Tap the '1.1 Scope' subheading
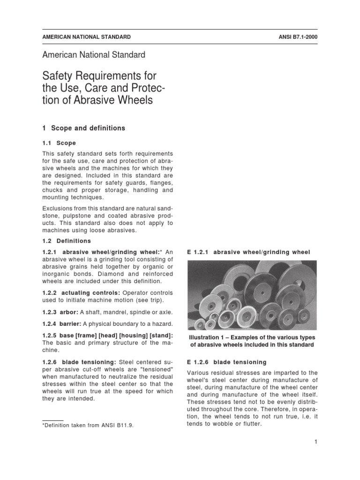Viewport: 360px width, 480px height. pos(59,143)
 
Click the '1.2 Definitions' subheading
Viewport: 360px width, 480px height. pos(67,241)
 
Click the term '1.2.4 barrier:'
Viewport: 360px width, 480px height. pos(63,324)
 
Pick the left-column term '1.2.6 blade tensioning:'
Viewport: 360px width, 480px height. pos(80,362)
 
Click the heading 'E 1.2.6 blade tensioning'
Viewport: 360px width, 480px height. pos(227,362)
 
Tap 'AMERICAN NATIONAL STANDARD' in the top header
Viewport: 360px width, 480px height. pos(86,37)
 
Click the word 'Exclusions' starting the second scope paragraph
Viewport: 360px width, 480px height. pos(57,208)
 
